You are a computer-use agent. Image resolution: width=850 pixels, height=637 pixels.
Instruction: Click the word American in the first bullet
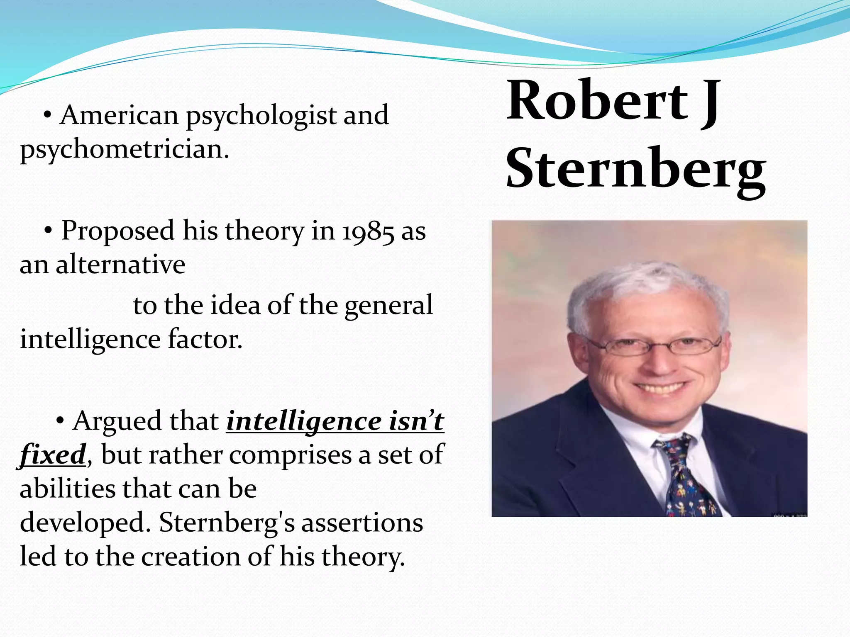pyautogui.click(x=119, y=115)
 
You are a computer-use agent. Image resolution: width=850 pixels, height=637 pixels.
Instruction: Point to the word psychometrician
pyautogui.click(x=124, y=150)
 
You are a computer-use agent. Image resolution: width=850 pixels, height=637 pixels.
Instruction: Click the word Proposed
pyautogui.click(x=118, y=231)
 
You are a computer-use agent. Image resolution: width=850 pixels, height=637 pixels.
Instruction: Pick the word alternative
pyautogui.click(x=120, y=264)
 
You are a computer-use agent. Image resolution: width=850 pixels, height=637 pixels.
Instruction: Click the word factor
pyautogui.click(x=205, y=339)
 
